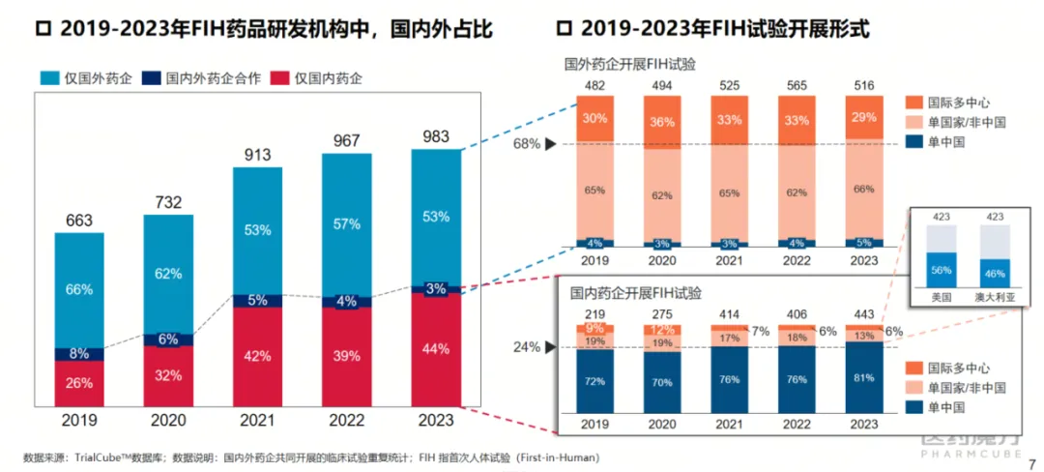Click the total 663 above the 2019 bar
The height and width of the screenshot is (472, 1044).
[79, 221]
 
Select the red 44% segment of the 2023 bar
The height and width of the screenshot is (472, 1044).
[436, 348]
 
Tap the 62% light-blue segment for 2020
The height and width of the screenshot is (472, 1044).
[168, 274]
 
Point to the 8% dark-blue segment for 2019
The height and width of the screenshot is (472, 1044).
[79, 354]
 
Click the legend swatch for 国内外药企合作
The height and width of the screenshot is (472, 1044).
[150, 77]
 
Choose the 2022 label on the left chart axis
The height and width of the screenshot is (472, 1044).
[347, 422]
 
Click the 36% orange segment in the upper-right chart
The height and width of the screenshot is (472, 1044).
[661, 122]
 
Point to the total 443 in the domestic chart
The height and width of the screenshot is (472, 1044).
[861, 314]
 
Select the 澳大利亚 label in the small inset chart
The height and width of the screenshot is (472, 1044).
[993, 298]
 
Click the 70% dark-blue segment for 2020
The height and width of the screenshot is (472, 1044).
[661, 382]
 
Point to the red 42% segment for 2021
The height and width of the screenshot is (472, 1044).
[257, 356]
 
